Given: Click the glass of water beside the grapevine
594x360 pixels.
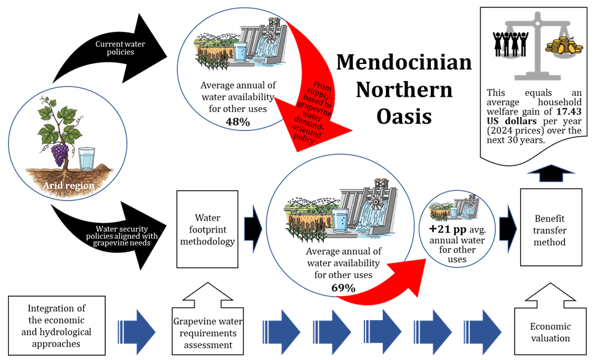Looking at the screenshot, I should (x=88, y=158).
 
